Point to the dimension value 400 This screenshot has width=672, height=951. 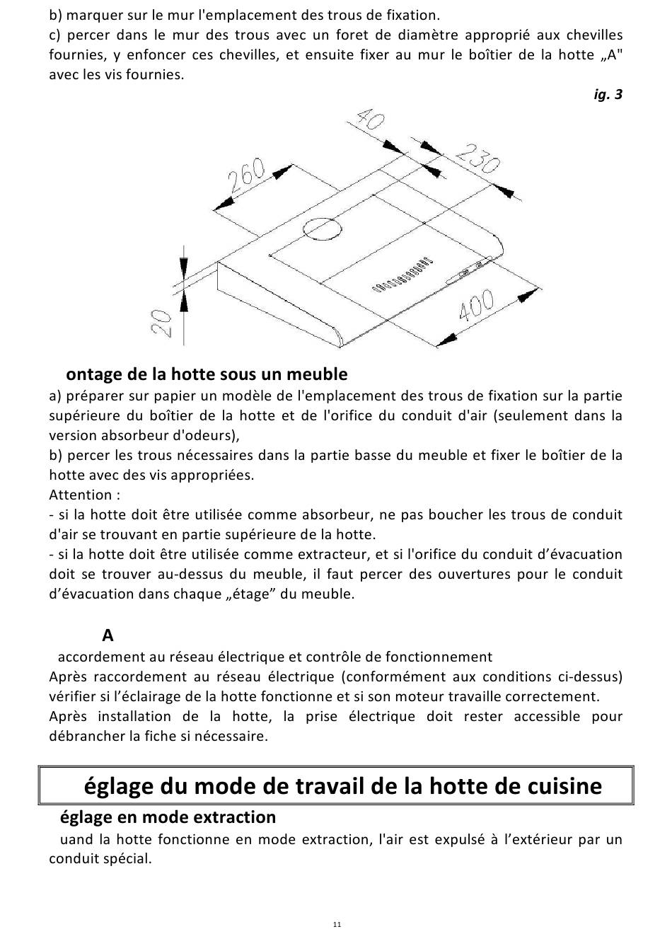[477, 308]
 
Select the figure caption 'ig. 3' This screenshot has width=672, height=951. [608, 94]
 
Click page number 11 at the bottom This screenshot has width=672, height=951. [337, 924]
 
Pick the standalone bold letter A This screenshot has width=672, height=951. [108, 635]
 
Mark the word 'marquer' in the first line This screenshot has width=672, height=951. [90, 15]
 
